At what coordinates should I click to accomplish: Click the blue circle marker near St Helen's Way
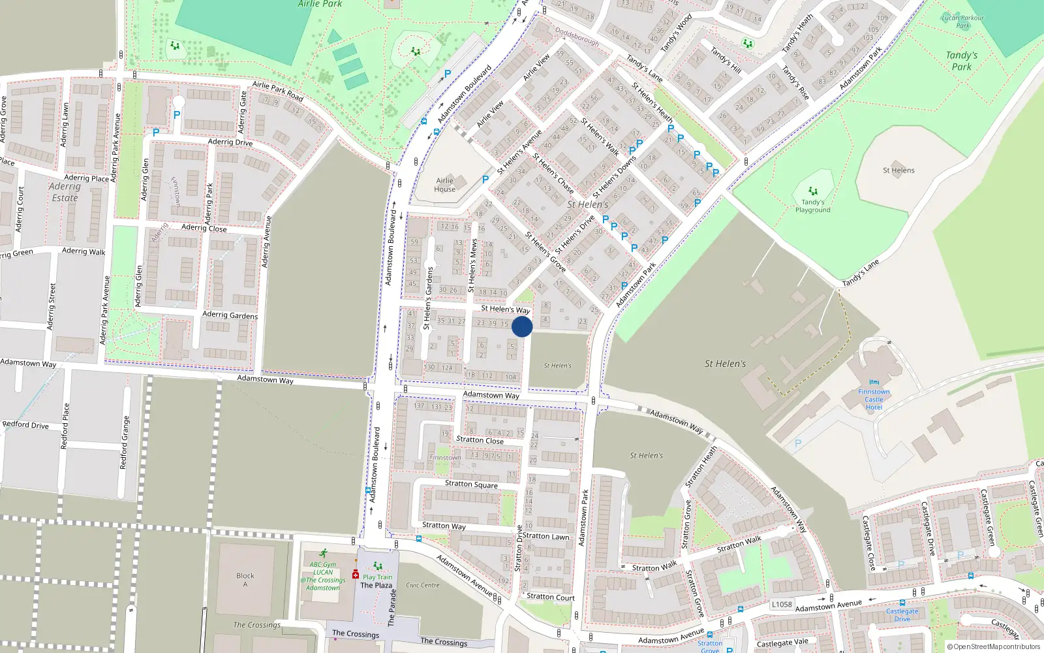[x=522, y=326]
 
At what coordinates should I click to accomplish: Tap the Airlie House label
[x=445, y=185]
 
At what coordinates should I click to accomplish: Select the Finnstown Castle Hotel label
[x=874, y=400]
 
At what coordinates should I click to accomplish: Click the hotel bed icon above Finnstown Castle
[x=874, y=382]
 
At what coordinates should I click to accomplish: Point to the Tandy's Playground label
[x=813, y=206]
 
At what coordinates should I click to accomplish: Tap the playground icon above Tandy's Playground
[x=813, y=191]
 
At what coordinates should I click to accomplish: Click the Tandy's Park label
[x=962, y=61]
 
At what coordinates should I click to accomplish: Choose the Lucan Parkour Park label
[x=963, y=22]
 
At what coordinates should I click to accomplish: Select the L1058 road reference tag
[x=782, y=604]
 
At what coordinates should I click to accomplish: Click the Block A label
[x=245, y=580]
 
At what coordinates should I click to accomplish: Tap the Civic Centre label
[x=423, y=585]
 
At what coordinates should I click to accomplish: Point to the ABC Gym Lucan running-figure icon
[x=323, y=553]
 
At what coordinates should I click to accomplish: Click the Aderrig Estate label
[x=65, y=192]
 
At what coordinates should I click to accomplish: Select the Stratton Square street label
[x=471, y=484]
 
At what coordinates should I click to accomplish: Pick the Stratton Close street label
[x=480, y=440]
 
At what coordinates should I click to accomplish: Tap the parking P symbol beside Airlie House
[x=485, y=180]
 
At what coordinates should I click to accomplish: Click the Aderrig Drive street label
[x=230, y=142]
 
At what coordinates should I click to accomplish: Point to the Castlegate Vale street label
[x=782, y=643]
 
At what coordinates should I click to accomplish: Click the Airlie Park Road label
[x=278, y=91]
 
